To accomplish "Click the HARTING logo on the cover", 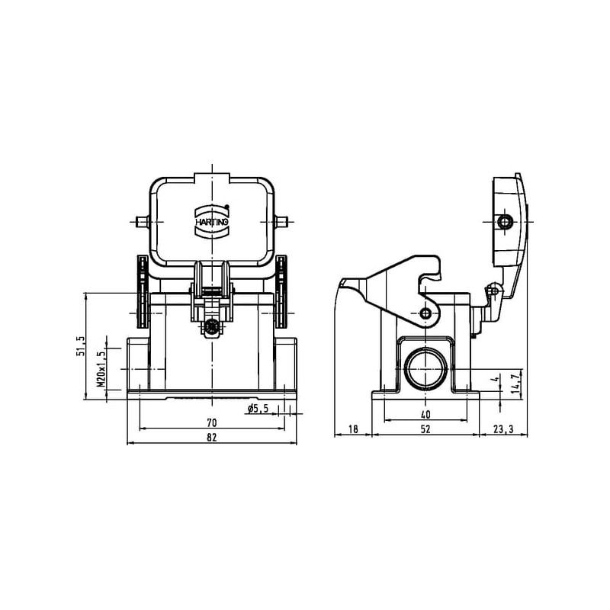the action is pyautogui.click(x=212, y=220).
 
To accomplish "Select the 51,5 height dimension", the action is pyautogui.click(x=81, y=346).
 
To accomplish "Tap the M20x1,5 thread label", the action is pyautogui.click(x=101, y=369).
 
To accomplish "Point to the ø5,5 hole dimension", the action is pyautogui.click(x=258, y=409).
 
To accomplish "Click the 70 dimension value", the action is pyautogui.click(x=212, y=422).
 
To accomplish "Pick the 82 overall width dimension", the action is pyautogui.click(x=212, y=437).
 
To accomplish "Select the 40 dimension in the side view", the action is pyautogui.click(x=425, y=415).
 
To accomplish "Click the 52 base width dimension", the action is pyautogui.click(x=425, y=429).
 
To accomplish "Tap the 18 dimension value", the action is pyautogui.click(x=353, y=429).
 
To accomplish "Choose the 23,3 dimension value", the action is pyautogui.click(x=503, y=429).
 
